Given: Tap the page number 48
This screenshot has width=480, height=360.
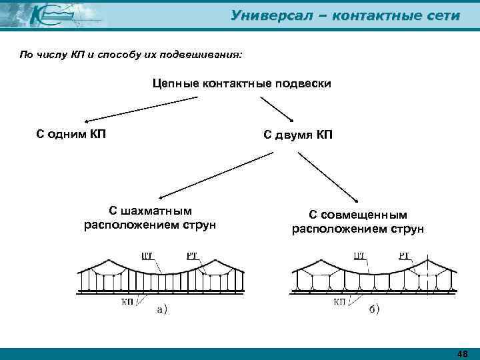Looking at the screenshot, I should click(462, 353).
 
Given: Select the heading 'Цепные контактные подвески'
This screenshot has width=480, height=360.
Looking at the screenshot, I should click(241, 84).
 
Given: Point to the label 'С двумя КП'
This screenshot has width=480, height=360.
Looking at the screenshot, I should click(297, 135).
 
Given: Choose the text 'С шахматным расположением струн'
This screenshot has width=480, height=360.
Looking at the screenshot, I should click(150, 217).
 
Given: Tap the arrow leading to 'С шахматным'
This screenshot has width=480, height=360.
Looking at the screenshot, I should click(213, 175).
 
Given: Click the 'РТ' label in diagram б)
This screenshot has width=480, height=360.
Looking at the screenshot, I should click(405, 255).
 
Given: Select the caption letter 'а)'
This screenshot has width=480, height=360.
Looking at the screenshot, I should click(161, 309).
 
